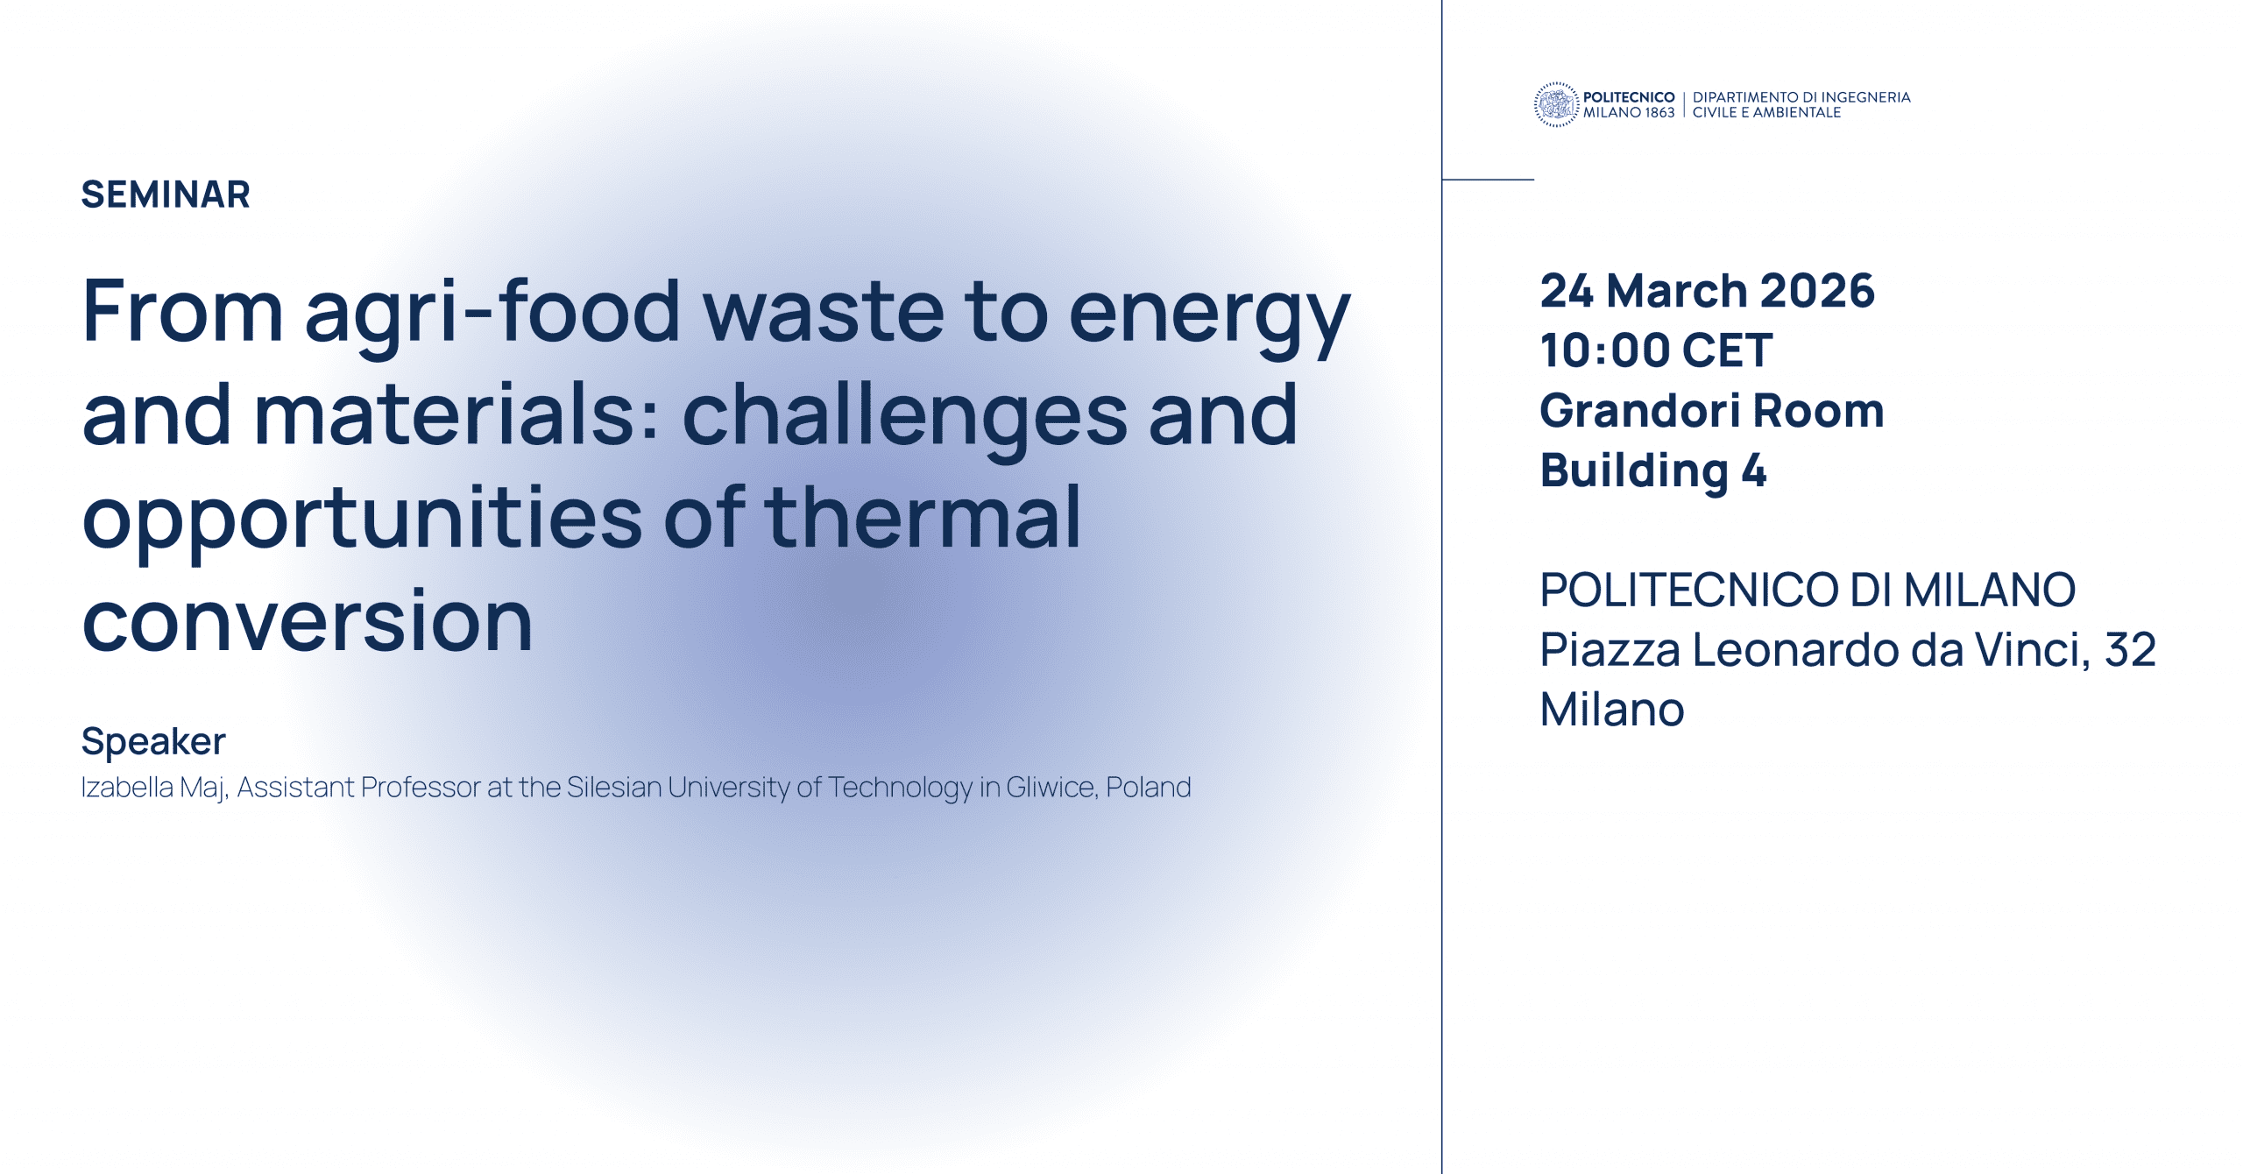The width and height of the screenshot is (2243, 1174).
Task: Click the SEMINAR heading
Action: coord(166,194)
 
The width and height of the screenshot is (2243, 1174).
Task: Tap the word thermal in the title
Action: coord(923,517)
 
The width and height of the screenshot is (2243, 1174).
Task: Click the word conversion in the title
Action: coord(308,621)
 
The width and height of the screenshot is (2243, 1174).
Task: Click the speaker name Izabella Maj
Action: coord(154,788)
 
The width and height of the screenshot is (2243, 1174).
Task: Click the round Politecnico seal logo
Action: coord(1556,105)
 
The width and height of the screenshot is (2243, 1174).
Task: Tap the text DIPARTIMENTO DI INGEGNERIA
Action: coord(1801,97)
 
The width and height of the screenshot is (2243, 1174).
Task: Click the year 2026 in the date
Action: coord(1817,291)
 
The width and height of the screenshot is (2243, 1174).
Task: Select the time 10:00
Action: coord(1605,350)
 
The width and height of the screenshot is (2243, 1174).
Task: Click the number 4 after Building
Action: coord(1754,470)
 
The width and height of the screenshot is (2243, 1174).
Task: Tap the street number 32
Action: coord(2130,650)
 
